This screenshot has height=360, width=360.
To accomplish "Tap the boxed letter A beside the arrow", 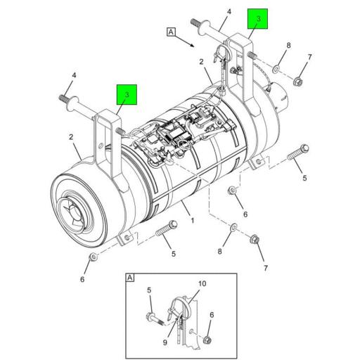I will click(170, 31).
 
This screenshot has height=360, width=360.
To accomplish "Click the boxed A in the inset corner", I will click(130, 278).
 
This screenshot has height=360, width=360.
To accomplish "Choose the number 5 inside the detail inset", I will click(148, 290).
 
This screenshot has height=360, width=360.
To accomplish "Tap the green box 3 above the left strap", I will click(127, 93).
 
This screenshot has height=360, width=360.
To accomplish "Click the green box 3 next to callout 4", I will click(258, 21).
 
